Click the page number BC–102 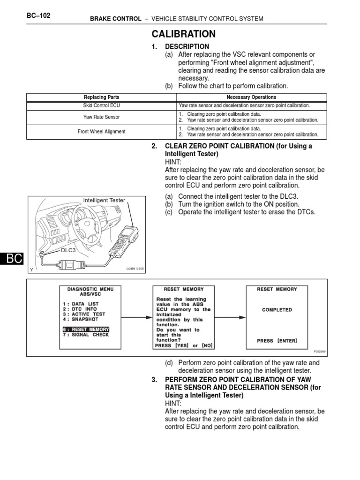click(38, 15)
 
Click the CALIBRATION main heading click(183, 34)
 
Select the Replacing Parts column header click(102, 97)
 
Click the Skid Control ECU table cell click(101, 105)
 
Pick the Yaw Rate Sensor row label click(101, 117)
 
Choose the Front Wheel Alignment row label click(101, 132)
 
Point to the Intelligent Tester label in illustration click(104, 200)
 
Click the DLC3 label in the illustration click(69, 250)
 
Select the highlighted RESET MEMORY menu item click(86, 329)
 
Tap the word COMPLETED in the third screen click(277, 310)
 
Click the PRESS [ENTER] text click(277, 341)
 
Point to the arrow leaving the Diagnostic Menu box click(133, 317)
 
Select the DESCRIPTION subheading click(187, 46)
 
